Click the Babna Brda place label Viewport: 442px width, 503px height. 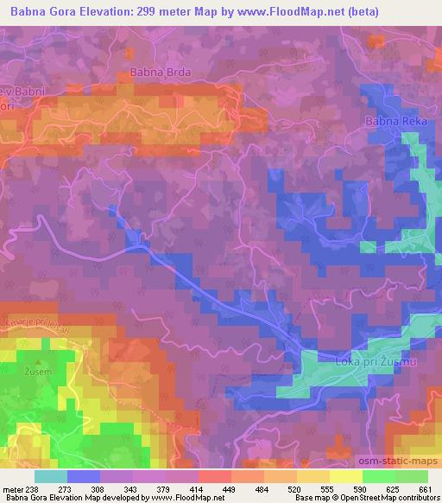coord(160,73)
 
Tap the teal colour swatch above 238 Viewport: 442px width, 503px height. coord(51,476)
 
